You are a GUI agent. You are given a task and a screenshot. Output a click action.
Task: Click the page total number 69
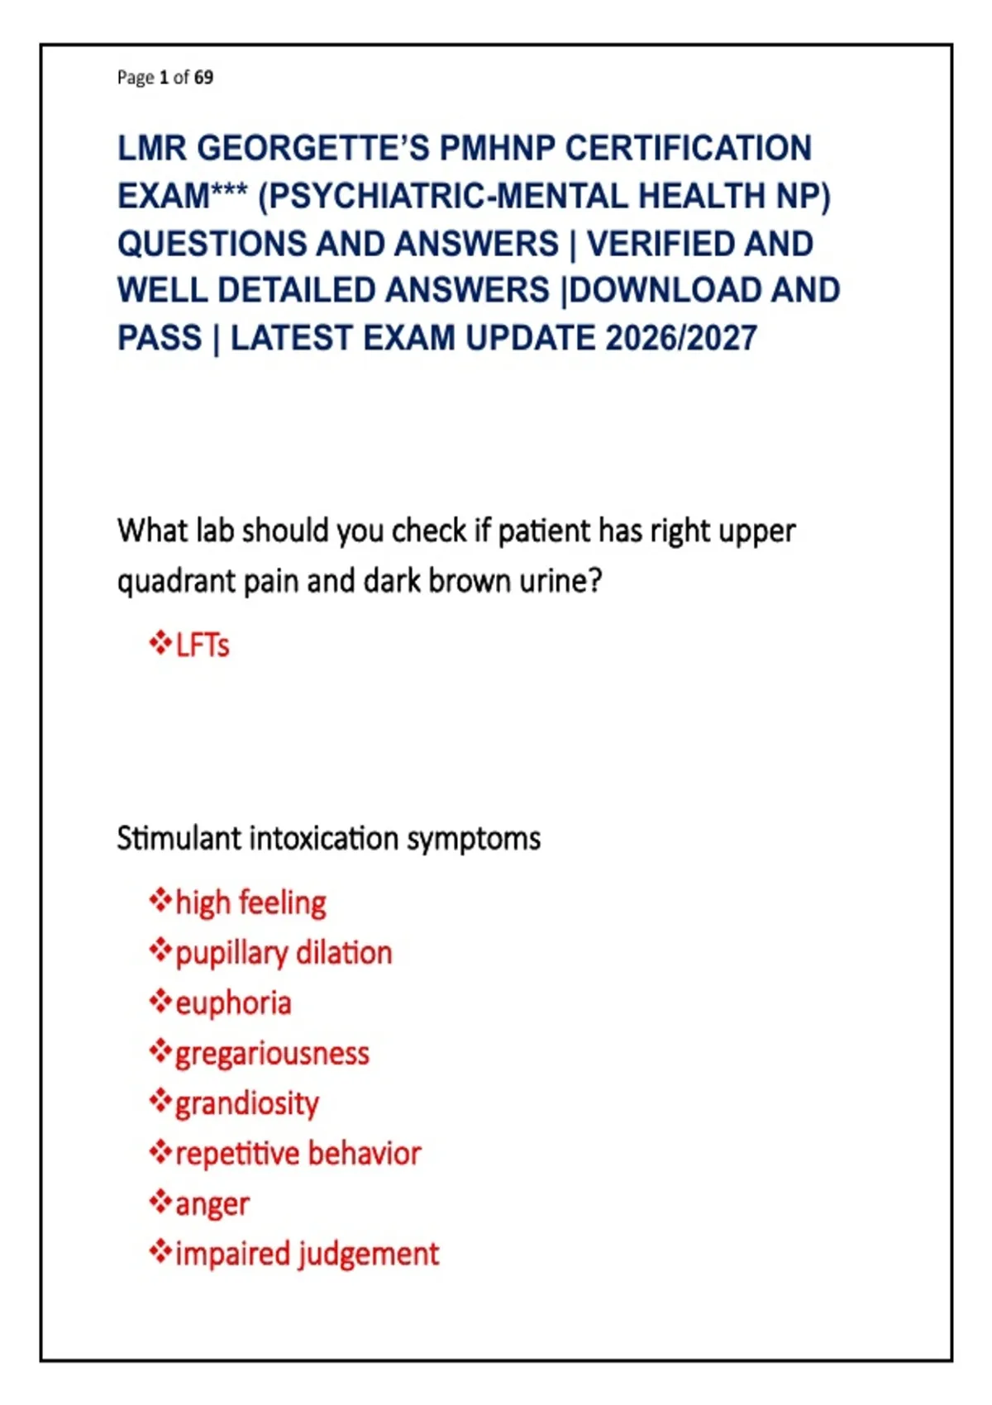(203, 77)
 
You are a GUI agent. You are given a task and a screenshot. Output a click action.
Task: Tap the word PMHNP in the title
(497, 149)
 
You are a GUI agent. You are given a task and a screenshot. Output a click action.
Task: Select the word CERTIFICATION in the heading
(689, 149)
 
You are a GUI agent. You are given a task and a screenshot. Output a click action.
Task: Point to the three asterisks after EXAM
(228, 189)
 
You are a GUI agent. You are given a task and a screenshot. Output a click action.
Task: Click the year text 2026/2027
(681, 338)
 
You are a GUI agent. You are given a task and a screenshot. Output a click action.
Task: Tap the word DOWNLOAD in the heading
(665, 290)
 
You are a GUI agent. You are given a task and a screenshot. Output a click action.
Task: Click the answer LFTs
(203, 645)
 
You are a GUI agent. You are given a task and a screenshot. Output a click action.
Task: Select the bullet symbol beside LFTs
(160, 644)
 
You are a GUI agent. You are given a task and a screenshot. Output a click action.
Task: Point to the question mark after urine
(595, 580)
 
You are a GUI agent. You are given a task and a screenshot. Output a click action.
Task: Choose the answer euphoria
(233, 1004)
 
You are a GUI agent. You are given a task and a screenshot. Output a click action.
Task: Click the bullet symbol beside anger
(160, 1201)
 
